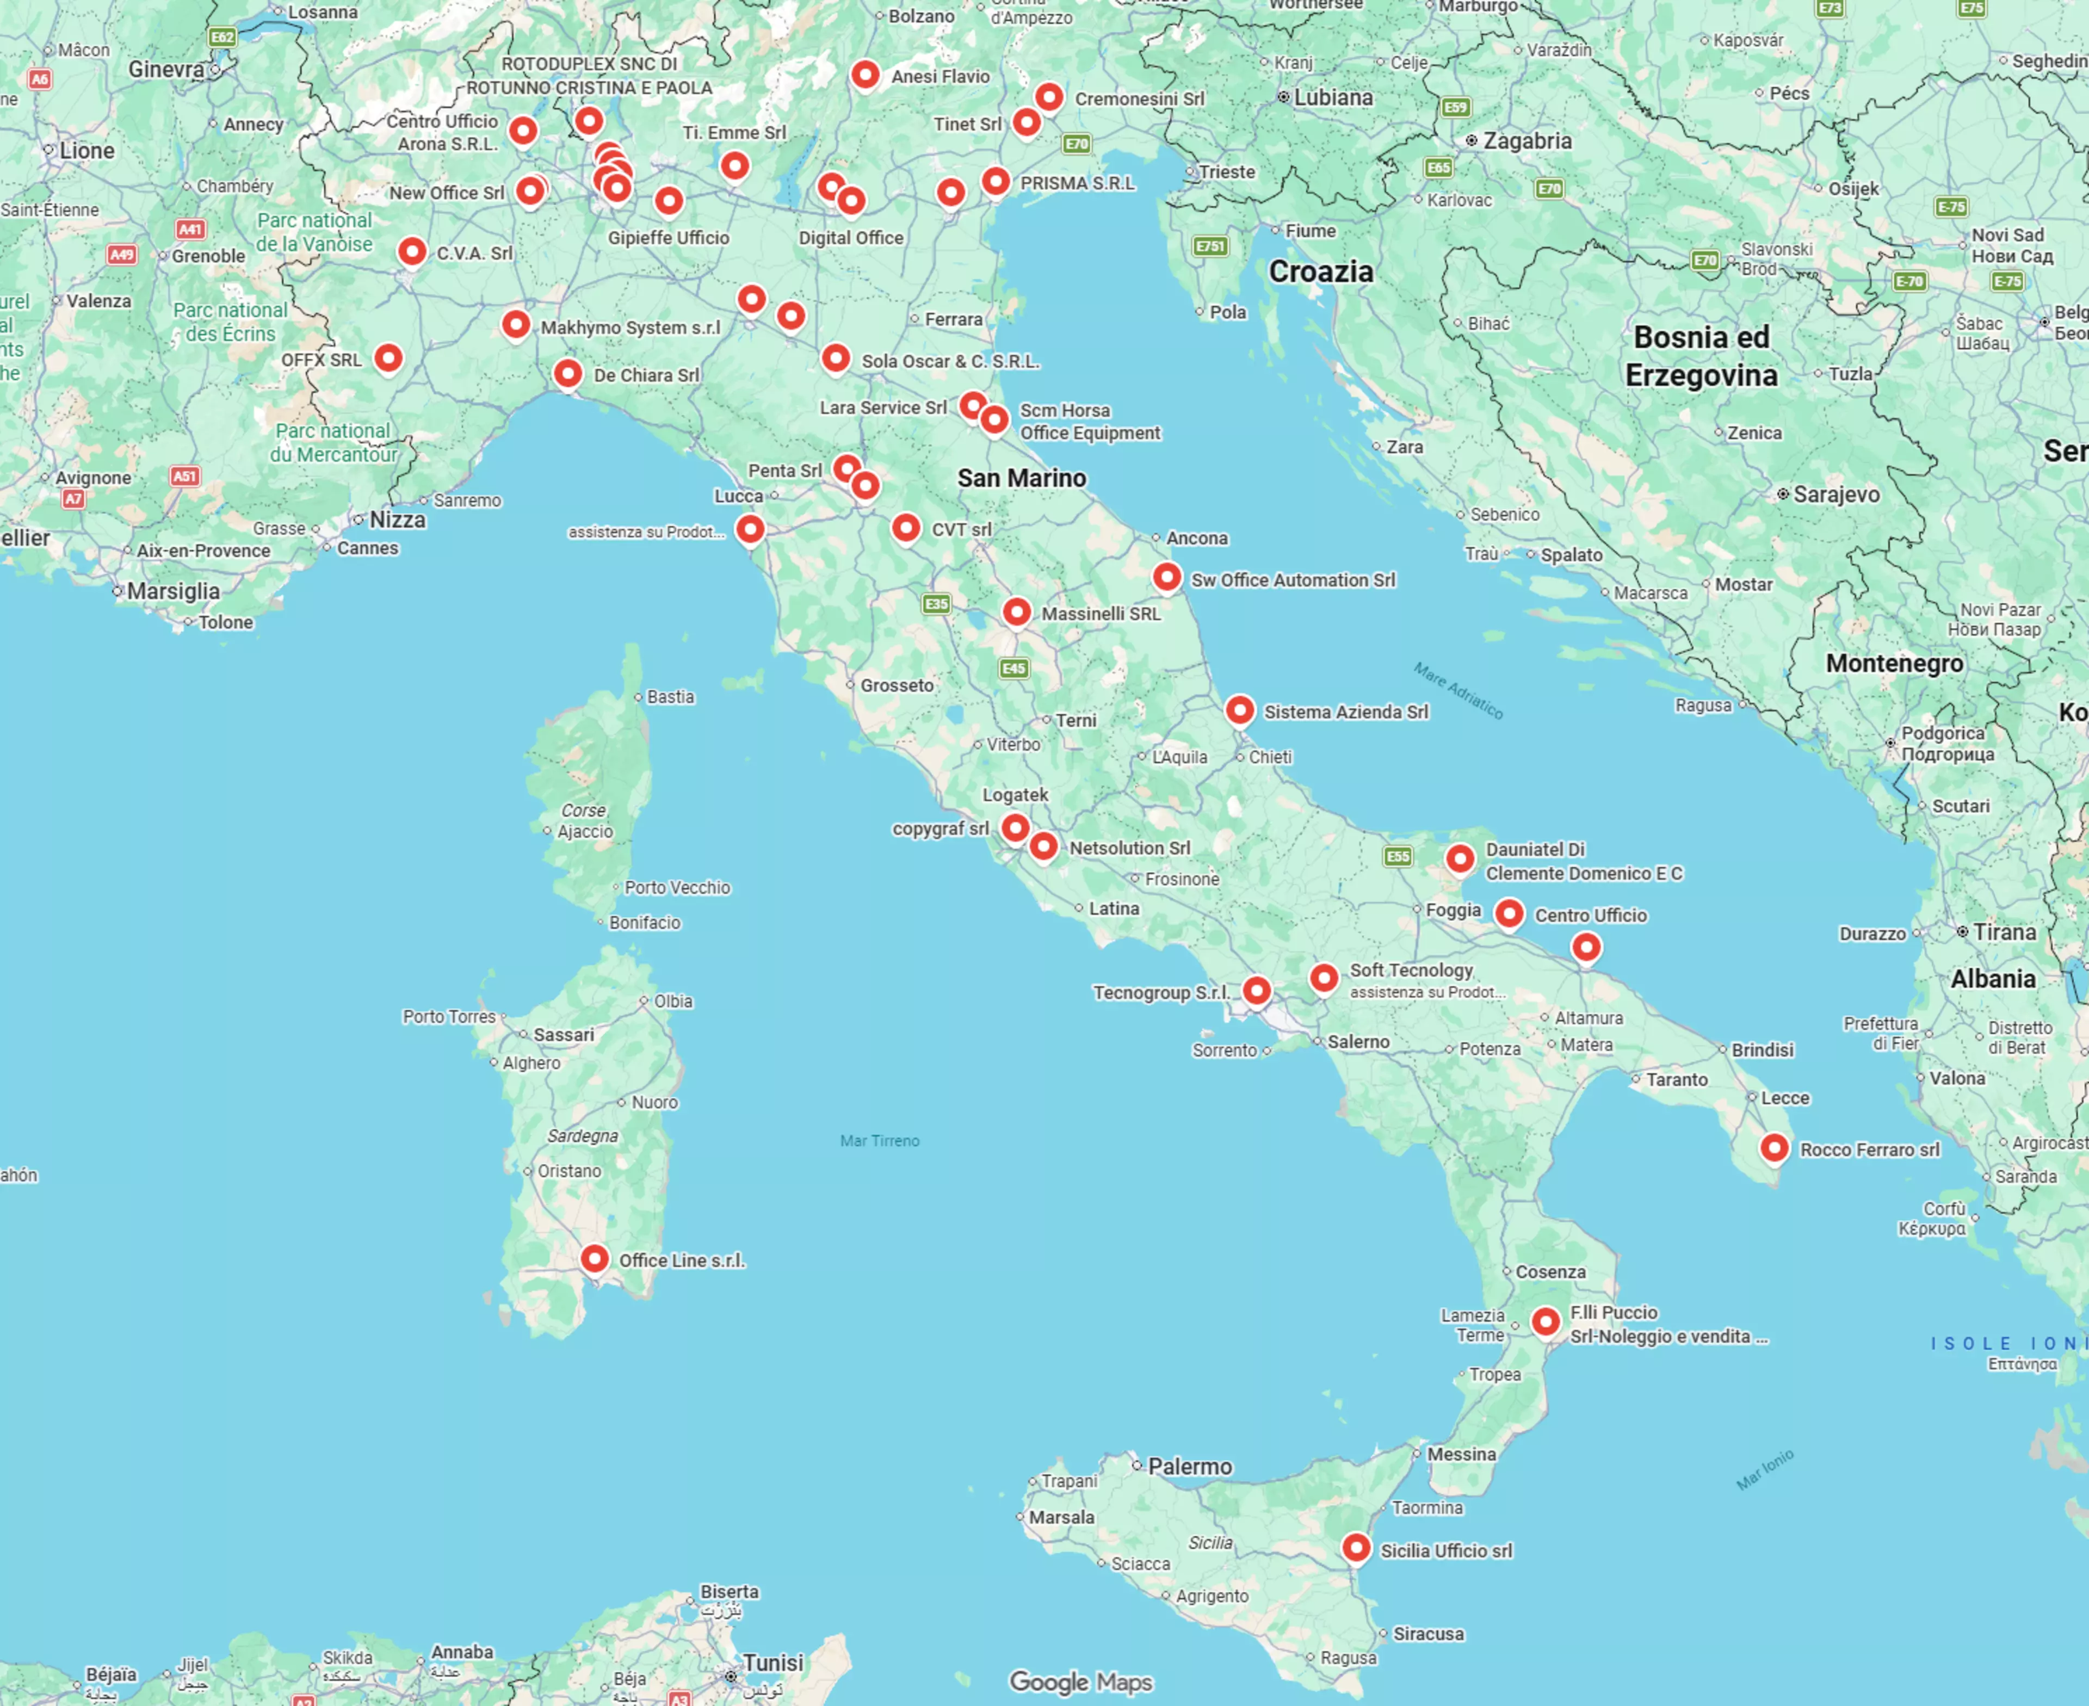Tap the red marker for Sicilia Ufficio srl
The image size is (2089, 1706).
click(x=1356, y=1548)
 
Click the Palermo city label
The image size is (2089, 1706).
click(x=1189, y=1466)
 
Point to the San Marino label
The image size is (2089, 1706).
click(x=1022, y=479)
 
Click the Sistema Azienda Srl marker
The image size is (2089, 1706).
click(x=1240, y=709)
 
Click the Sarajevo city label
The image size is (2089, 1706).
click(x=1835, y=495)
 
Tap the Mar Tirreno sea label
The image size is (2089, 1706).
click(x=880, y=1141)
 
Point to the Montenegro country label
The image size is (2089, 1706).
click(x=1894, y=663)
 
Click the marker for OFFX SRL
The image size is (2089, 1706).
click(x=389, y=358)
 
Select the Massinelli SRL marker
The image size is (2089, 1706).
click(x=1017, y=612)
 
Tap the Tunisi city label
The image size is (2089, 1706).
click(x=772, y=1663)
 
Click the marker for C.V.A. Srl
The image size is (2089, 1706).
click(x=413, y=251)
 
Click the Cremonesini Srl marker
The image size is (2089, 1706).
click(x=1049, y=96)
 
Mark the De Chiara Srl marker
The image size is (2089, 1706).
click(x=568, y=373)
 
